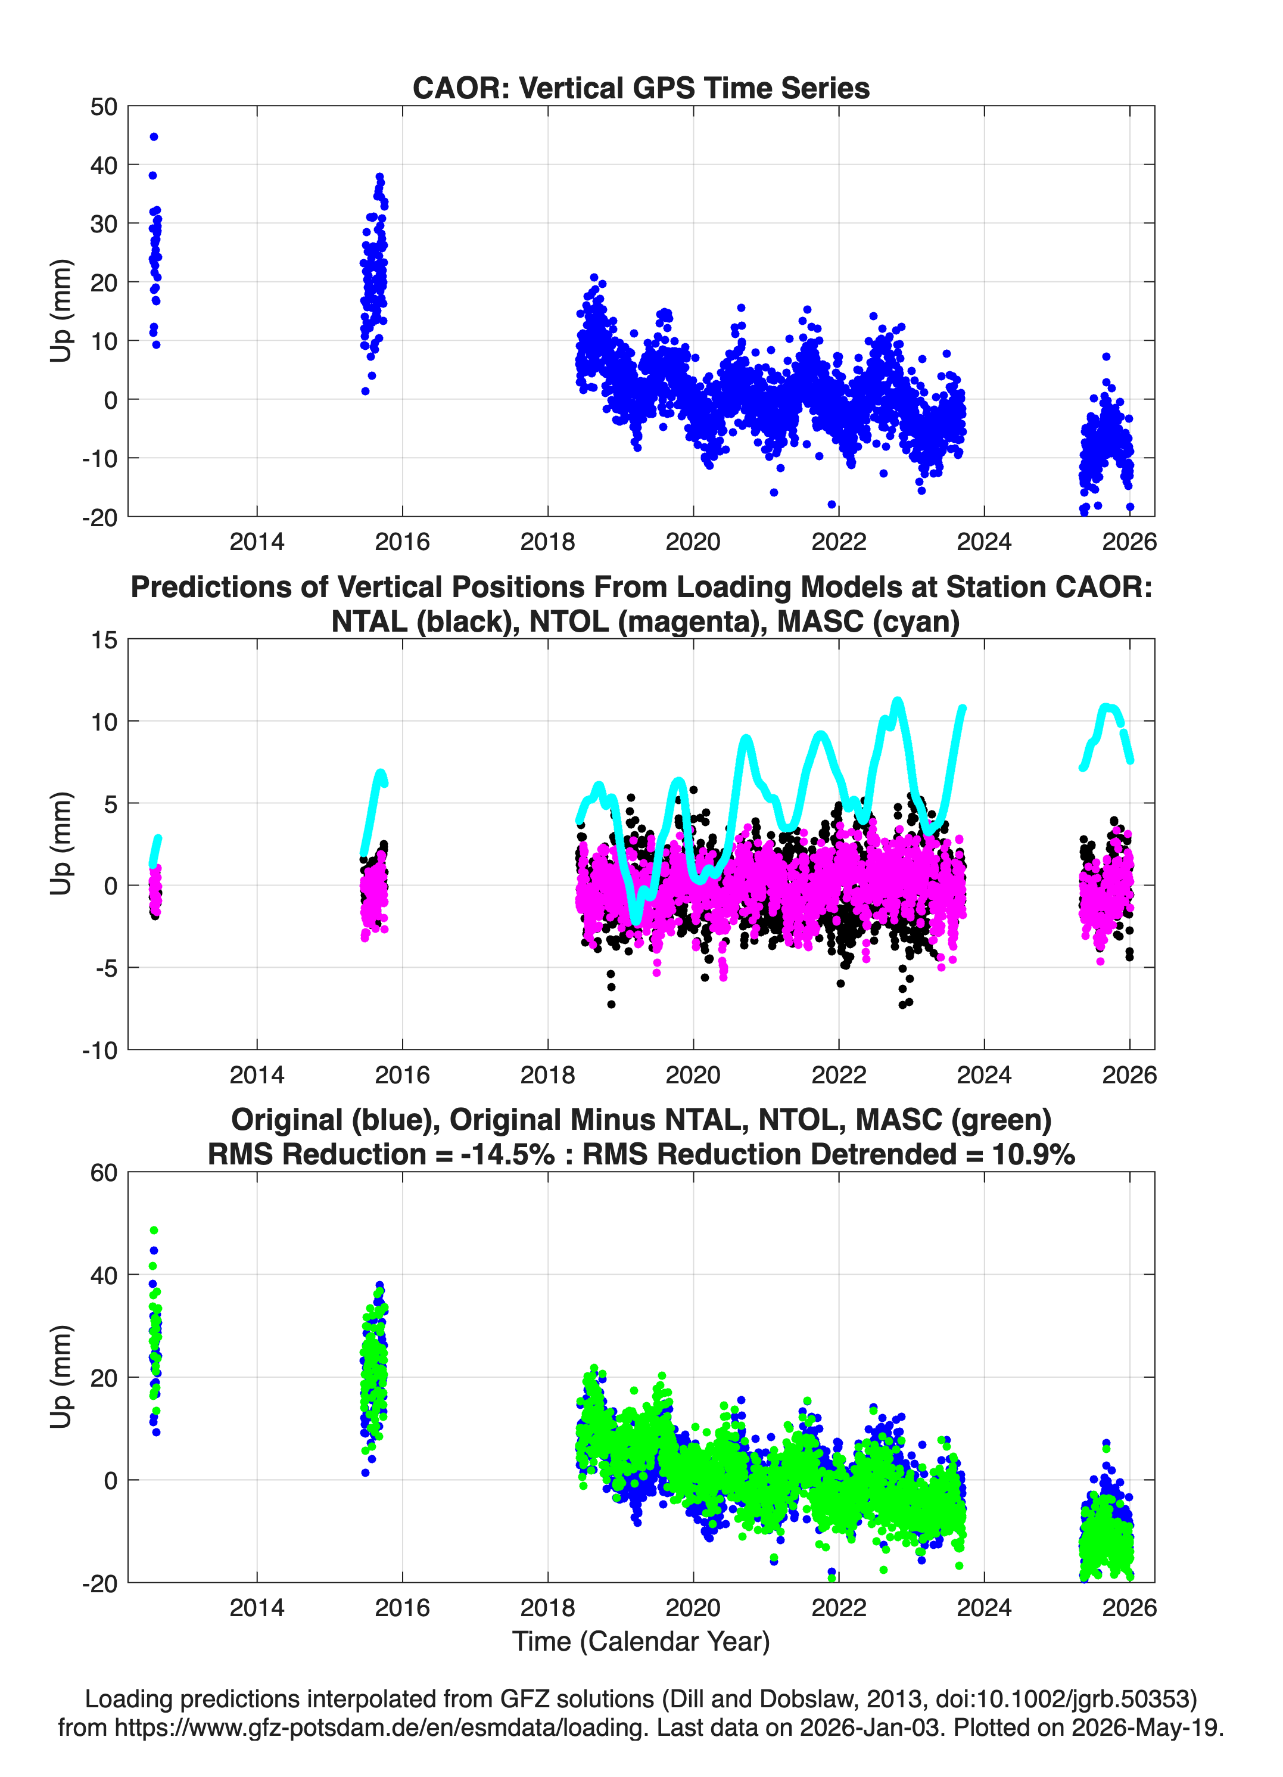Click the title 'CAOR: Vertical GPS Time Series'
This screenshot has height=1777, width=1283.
[x=641, y=88]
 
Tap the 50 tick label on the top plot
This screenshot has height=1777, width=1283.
[x=104, y=107]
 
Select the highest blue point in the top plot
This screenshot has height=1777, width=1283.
[x=154, y=137]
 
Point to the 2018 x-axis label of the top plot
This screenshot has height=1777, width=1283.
[x=547, y=542]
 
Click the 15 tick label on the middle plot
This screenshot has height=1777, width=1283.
[x=104, y=640]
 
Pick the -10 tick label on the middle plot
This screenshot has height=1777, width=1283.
[x=99, y=1050]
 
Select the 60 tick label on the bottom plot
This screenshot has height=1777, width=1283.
[x=104, y=1173]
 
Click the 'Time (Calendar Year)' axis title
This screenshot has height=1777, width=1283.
[x=641, y=1642]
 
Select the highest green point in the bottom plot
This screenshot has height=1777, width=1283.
[x=154, y=1230]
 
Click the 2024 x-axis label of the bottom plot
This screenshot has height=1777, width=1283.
[x=984, y=1608]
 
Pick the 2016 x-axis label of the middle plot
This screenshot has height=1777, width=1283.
[x=402, y=1075]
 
